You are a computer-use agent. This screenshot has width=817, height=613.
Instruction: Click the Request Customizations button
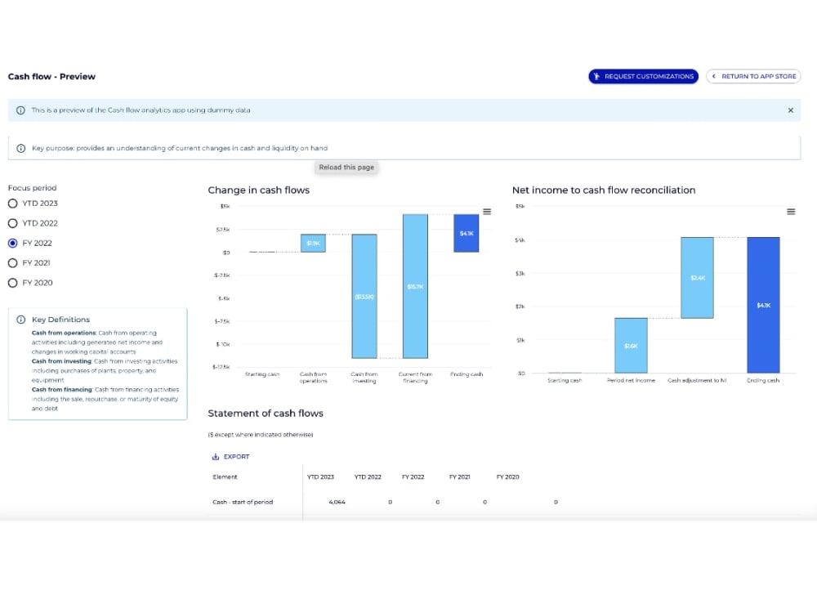tap(643, 76)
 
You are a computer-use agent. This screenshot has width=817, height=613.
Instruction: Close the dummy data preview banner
tap(790, 110)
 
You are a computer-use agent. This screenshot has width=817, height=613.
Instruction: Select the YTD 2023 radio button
tap(12, 204)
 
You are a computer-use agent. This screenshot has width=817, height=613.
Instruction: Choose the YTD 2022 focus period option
tap(12, 223)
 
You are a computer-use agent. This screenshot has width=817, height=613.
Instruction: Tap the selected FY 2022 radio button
tap(12, 243)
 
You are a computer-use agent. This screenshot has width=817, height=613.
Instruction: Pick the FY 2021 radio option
tap(12, 263)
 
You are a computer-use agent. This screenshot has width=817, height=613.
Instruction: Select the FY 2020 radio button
tap(12, 283)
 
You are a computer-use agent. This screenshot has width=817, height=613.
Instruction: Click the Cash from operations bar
tap(313, 243)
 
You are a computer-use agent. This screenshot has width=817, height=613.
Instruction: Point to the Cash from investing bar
tap(364, 296)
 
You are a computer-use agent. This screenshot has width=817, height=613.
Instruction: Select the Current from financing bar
tap(415, 286)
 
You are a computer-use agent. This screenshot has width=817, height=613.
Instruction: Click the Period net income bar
tap(631, 345)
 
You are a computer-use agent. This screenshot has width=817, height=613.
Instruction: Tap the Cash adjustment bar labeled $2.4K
tap(697, 277)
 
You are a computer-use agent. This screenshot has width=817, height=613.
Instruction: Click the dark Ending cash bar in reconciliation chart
tap(763, 304)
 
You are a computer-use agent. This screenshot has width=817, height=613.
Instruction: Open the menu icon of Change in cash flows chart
tap(487, 212)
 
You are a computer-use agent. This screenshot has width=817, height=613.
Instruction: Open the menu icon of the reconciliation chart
tap(790, 212)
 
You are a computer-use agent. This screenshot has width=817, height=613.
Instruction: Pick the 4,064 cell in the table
tap(337, 502)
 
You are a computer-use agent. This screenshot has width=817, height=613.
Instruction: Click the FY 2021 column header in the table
tap(460, 477)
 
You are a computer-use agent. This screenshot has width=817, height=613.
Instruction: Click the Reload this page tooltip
tap(346, 168)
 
